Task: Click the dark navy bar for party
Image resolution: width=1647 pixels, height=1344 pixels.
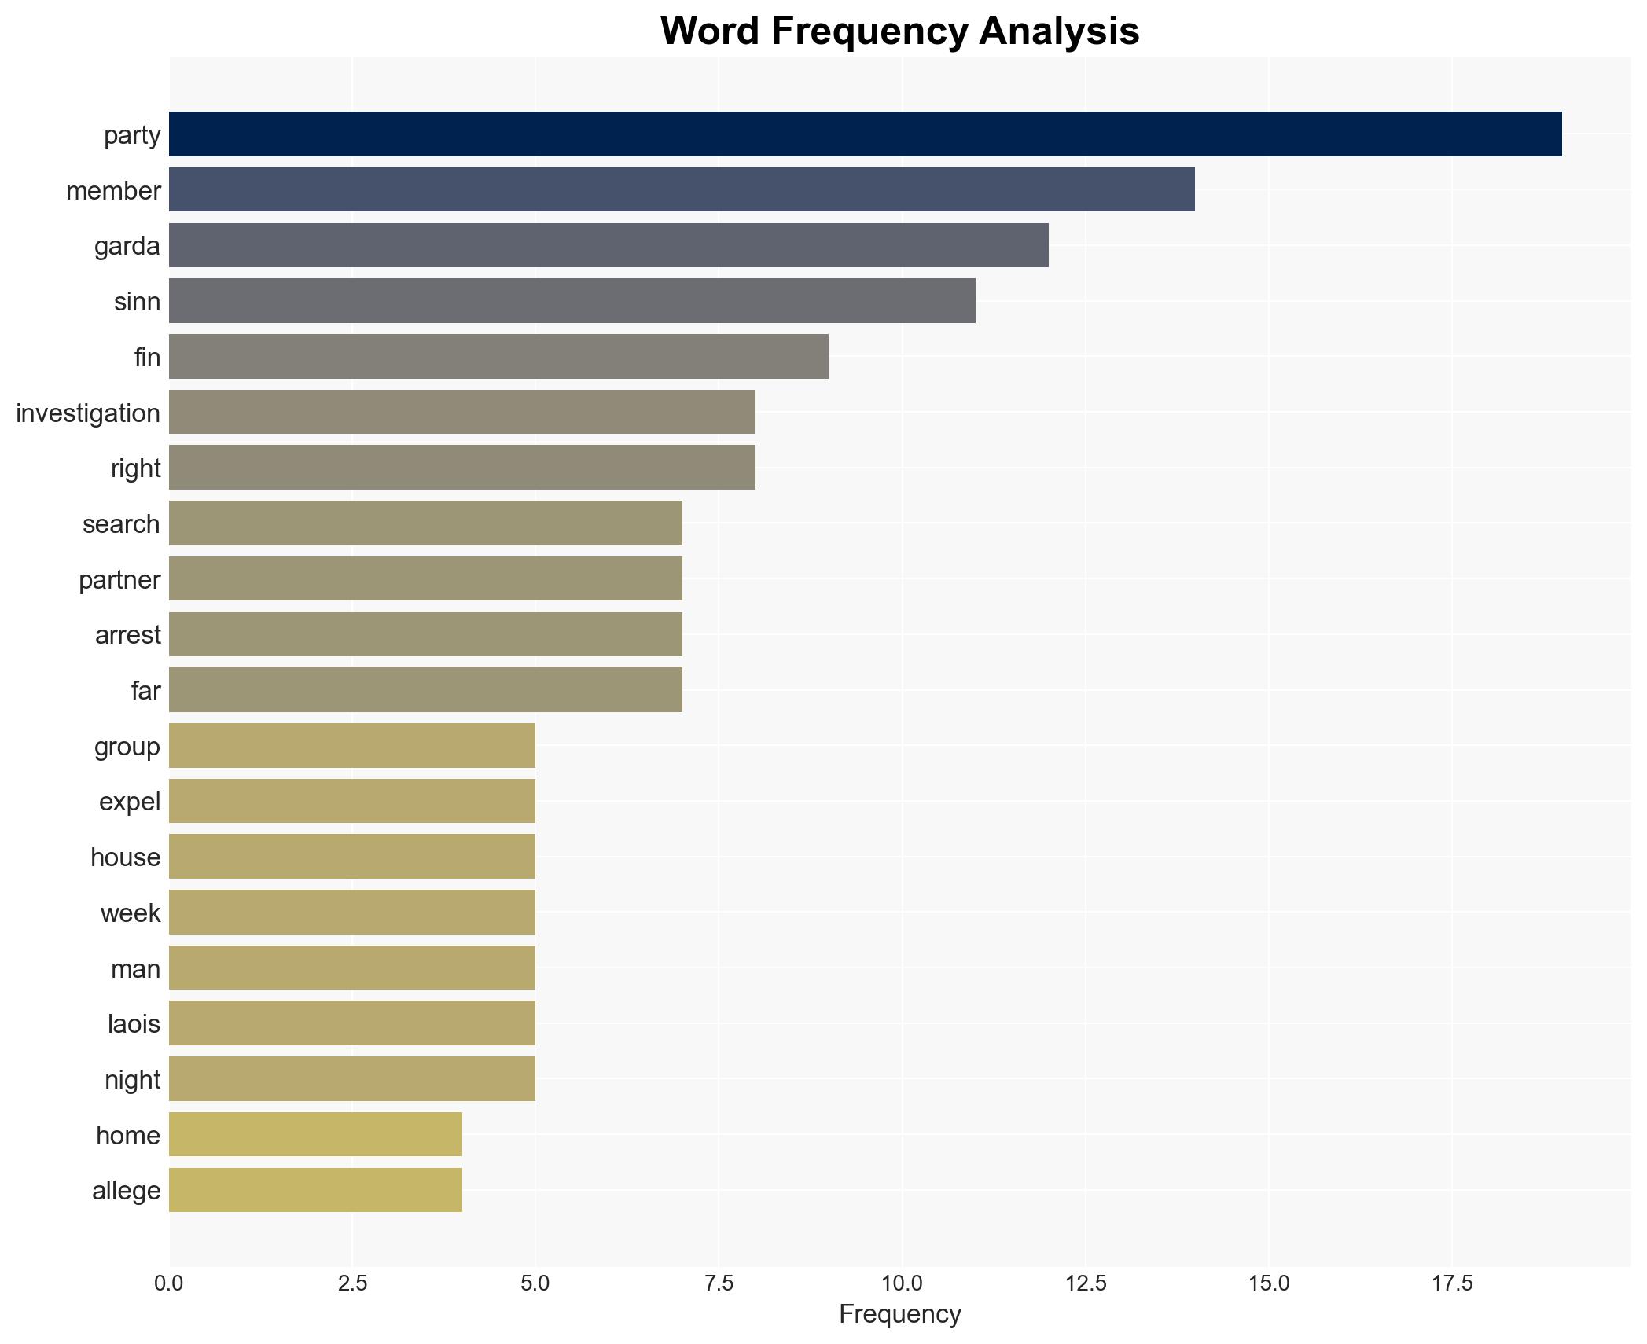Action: tap(865, 134)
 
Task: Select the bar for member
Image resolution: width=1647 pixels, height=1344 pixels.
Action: tap(682, 189)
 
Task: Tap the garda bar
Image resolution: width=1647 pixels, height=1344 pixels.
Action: tap(608, 245)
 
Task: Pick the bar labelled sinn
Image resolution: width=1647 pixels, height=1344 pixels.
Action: tap(572, 301)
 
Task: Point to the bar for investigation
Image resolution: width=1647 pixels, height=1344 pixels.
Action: tap(461, 412)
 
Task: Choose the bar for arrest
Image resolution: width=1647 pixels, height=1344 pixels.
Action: tap(425, 634)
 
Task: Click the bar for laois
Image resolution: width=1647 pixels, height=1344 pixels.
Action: tap(351, 1023)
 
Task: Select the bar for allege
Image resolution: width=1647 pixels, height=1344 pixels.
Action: tap(315, 1190)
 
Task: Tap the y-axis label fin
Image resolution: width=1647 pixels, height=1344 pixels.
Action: tap(147, 358)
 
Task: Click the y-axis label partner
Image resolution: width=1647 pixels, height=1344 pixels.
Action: tap(119, 580)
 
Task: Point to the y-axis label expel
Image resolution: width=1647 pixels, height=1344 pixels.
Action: tap(130, 802)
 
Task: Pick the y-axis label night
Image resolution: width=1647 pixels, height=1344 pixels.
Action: tap(132, 1080)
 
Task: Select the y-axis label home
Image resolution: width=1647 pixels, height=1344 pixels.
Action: tap(128, 1136)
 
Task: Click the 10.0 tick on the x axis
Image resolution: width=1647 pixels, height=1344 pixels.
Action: tap(902, 1283)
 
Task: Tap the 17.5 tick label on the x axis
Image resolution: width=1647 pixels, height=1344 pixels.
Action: tap(1451, 1283)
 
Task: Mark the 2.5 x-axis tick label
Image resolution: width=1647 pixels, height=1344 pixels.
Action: tap(352, 1283)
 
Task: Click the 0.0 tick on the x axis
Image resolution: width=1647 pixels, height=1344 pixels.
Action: tap(169, 1283)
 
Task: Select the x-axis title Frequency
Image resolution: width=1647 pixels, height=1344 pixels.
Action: tap(899, 1314)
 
